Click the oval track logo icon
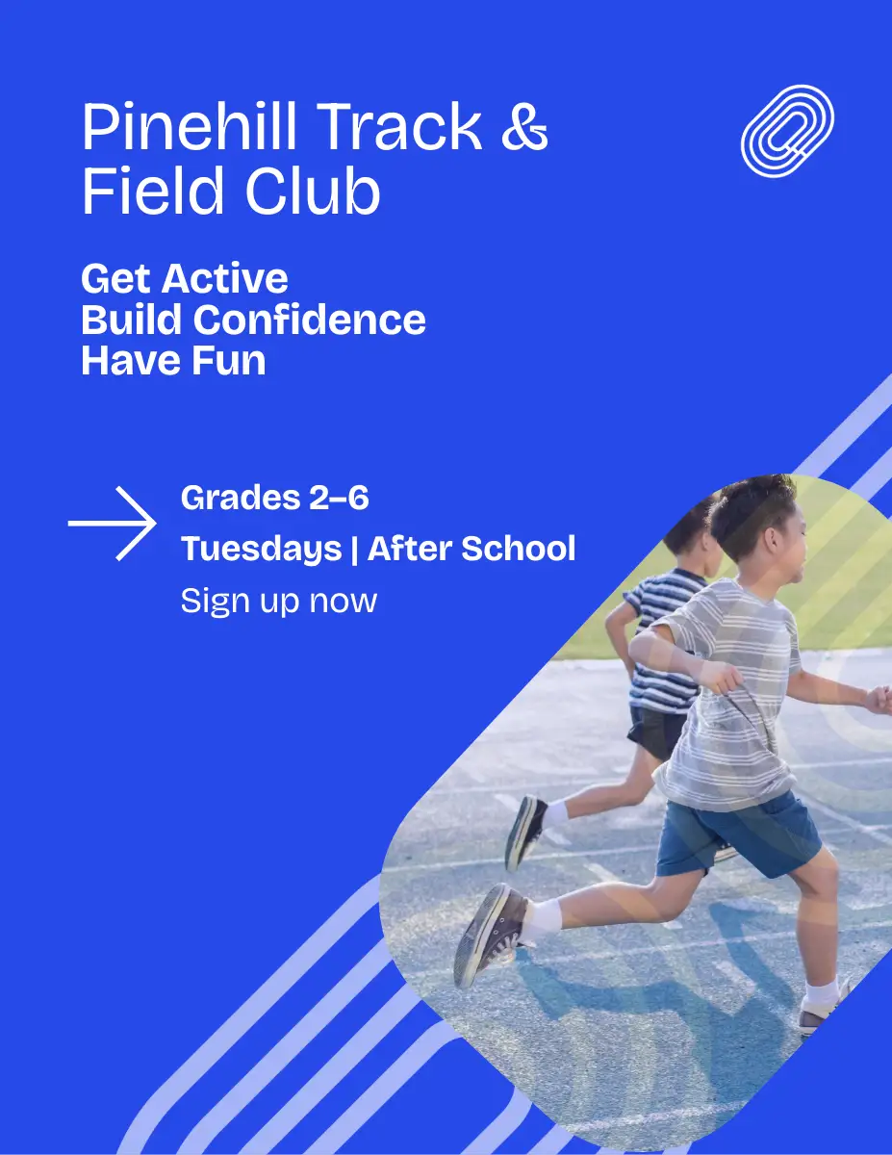pos(787,131)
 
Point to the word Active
pos(225,278)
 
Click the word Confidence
pos(309,320)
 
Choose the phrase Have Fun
pos(173,361)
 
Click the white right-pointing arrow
pos(112,524)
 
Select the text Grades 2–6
pos(274,498)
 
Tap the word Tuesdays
pos(261,549)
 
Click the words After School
pos(471,548)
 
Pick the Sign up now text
pos(279,602)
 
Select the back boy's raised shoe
pos(524,833)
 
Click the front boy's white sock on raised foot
pos(542,918)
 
